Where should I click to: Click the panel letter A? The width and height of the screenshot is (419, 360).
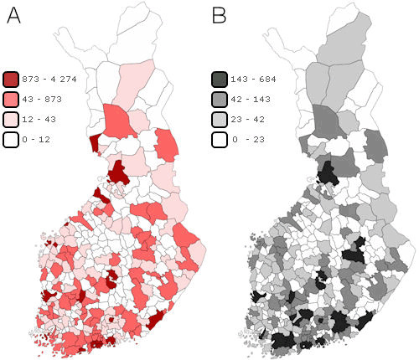(13, 16)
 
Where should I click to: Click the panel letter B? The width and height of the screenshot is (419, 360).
(219, 16)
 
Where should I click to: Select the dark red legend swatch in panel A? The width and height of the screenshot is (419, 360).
(12, 80)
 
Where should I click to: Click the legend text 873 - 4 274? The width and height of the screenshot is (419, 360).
(52, 80)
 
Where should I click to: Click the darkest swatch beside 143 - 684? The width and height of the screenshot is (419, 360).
(219, 80)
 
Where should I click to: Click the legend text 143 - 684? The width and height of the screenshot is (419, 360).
(255, 80)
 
